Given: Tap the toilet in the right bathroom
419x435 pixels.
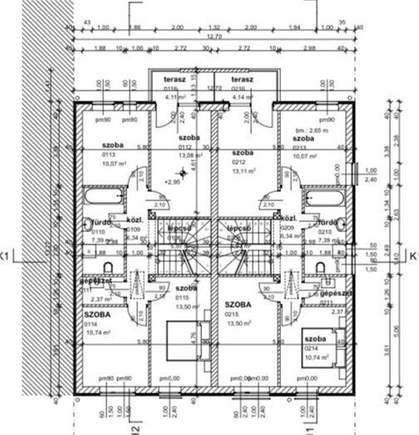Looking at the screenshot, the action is pos(320,267).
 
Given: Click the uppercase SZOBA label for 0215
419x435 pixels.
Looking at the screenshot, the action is pos(238,305).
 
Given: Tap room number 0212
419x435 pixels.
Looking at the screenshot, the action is pos(239,161).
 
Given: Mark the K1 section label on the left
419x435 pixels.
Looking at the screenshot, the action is pos(5,256).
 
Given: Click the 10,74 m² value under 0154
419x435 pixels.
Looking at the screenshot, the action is pos(98,332).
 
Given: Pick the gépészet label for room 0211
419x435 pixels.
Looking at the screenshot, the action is pos(336,294).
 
